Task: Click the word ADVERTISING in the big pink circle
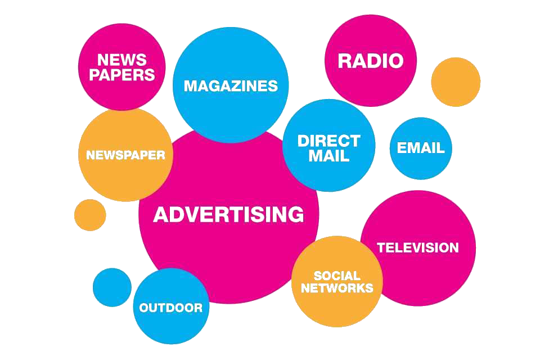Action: (228, 214)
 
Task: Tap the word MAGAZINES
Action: (231, 85)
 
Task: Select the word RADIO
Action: (371, 61)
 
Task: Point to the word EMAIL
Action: (421, 148)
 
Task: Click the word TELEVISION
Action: (417, 247)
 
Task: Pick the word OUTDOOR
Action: (170, 308)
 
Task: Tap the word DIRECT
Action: (328, 141)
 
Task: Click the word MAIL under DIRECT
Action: (328, 156)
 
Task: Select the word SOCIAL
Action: (337, 276)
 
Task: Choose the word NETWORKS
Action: (337, 288)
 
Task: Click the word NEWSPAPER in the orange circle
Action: (125, 155)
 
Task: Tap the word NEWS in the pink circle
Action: (121, 60)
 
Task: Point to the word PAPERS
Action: (121, 74)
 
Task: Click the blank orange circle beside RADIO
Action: (456, 82)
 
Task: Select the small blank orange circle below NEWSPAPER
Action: (90, 215)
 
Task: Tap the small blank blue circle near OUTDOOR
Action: (112, 287)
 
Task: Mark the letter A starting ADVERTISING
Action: (161, 214)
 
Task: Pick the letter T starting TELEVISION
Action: (381, 247)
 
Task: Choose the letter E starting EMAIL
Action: (401, 148)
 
